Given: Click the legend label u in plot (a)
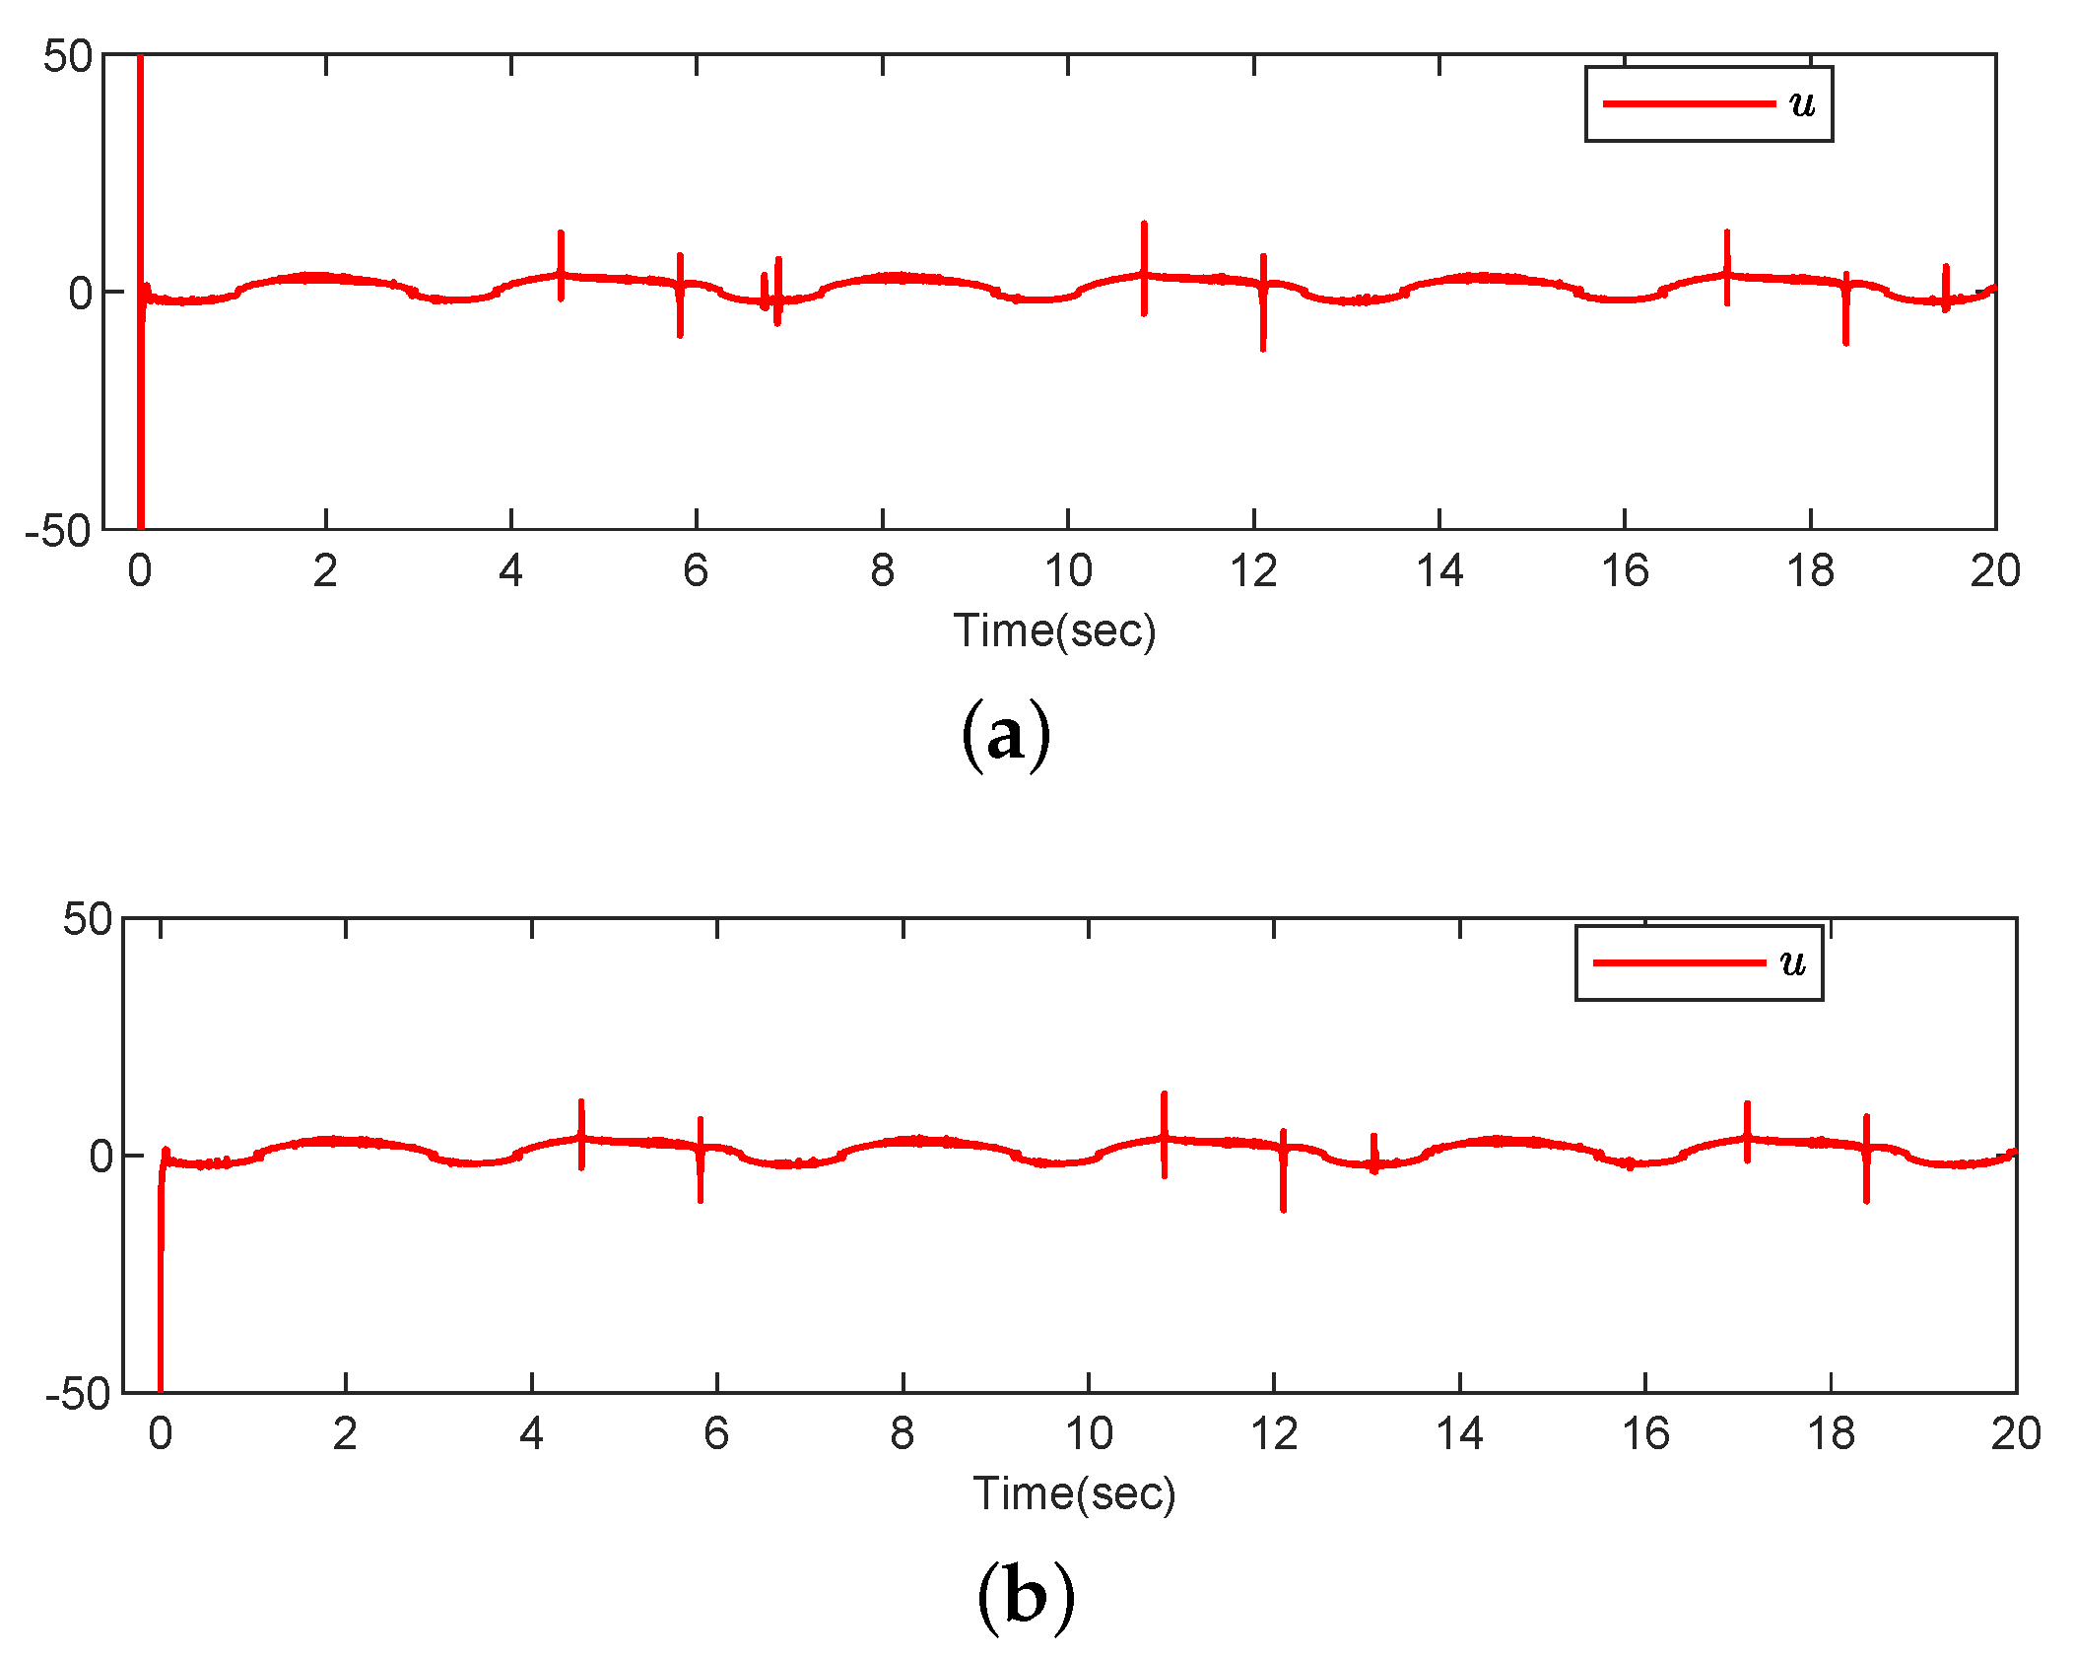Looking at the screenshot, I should coord(1802,104).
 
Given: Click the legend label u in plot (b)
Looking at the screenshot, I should coord(1793,963).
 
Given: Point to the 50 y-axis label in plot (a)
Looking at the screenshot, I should coord(68,57).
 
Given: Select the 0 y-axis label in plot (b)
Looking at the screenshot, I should coord(101,1156).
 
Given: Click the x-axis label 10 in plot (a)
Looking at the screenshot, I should coord(1068,571).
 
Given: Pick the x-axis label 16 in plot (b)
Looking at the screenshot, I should coord(1645,1434).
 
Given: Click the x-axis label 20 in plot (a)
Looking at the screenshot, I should coord(1995,571).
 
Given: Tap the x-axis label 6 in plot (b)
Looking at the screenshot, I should coord(716,1434).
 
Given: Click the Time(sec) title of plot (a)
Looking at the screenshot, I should coord(1054,630).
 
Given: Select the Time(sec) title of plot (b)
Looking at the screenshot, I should coord(1074,1493).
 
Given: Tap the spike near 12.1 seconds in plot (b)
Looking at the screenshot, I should coord(1283,1172).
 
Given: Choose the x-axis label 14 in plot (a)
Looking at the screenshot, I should coord(1439,571).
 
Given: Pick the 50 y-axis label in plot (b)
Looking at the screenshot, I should coord(88,920).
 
